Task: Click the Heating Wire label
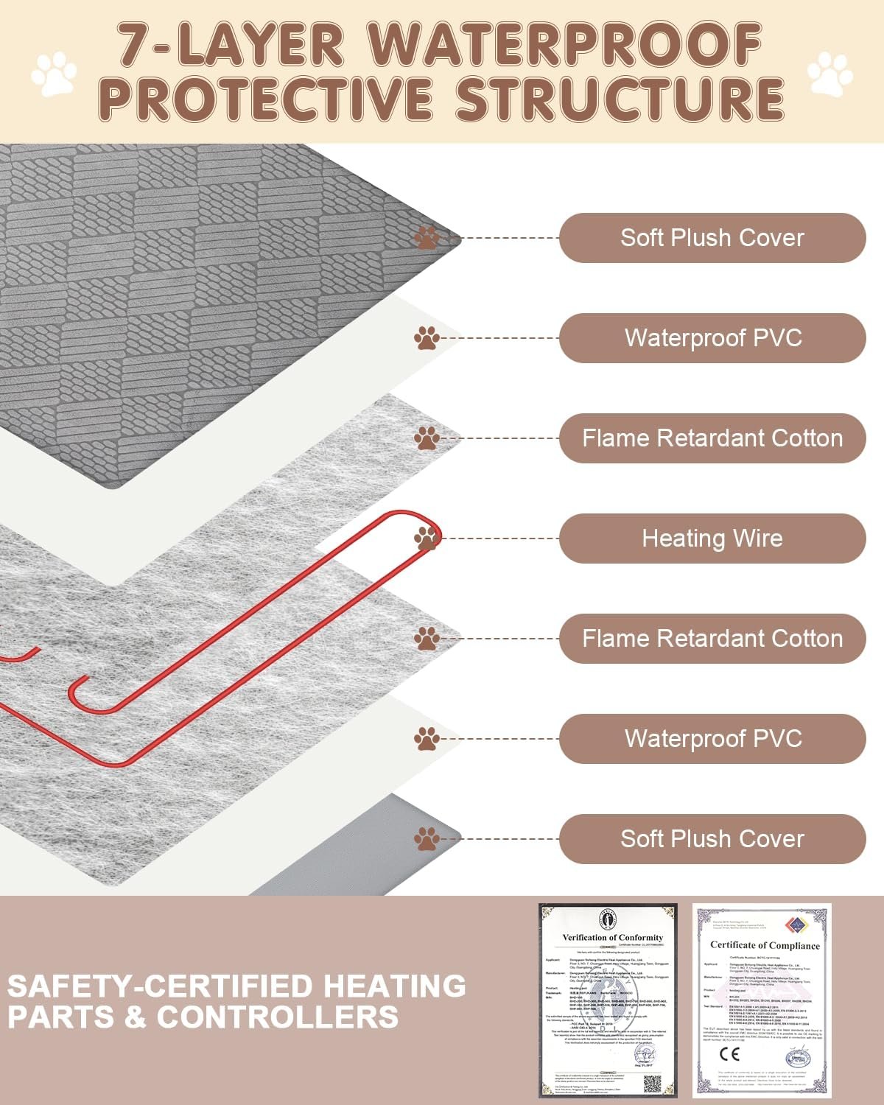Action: (x=712, y=539)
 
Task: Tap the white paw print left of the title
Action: (x=54, y=74)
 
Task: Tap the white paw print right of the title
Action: (x=830, y=74)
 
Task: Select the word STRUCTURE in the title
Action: (x=620, y=99)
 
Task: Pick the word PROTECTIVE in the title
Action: (x=265, y=99)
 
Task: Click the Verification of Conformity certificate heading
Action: (x=612, y=938)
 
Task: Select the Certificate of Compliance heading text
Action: (x=765, y=945)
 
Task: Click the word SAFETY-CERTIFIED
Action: (x=236, y=986)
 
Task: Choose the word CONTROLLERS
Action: (x=278, y=1017)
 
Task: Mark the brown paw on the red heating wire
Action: (x=427, y=538)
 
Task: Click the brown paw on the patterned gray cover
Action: (x=427, y=237)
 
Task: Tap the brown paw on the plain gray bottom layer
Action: (x=427, y=838)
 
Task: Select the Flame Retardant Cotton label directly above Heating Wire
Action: (x=712, y=438)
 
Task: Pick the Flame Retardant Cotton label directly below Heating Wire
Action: (x=712, y=639)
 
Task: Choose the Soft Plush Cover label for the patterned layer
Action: (x=712, y=238)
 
